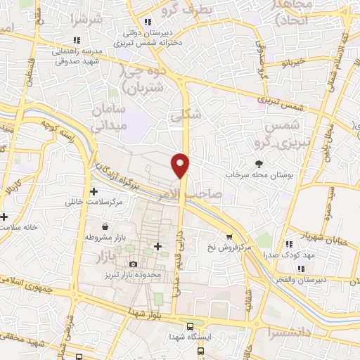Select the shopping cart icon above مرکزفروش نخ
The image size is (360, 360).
[x=229, y=237]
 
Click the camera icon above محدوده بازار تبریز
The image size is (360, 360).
[x=133, y=264]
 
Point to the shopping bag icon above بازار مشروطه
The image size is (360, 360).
[x=105, y=227]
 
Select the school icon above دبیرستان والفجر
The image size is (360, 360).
[x=300, y=268]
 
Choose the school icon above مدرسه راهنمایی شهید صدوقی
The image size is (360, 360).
[x=77, y=40]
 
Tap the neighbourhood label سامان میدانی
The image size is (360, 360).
[x=108, y=119]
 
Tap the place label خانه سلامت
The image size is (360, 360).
[x=18, y=228]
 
